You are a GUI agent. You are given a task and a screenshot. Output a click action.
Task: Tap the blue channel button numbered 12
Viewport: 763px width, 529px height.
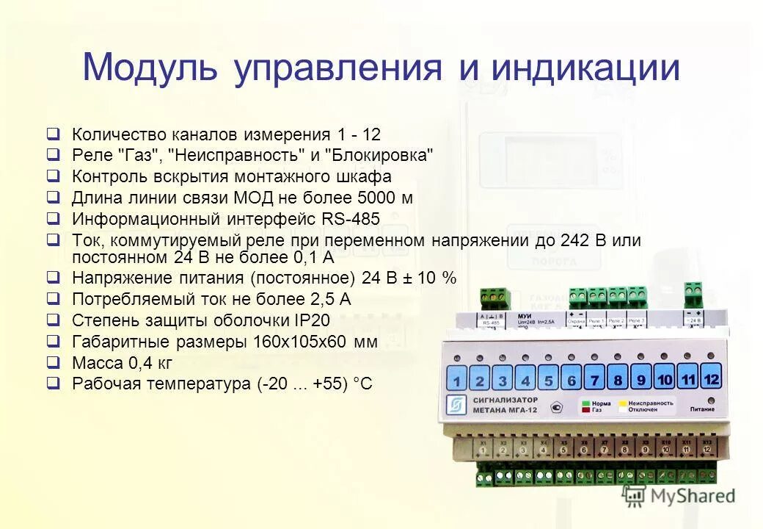[x=710, y=378]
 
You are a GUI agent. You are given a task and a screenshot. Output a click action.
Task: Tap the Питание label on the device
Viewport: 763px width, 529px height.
[x=702, y=410]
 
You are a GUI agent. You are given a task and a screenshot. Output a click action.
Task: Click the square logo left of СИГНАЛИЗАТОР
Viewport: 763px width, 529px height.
[x=456, y=406]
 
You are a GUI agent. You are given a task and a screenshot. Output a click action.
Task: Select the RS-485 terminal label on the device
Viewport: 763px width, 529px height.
[x=490, y=321]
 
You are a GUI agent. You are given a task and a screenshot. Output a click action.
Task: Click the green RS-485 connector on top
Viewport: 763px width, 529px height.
[x=495, y=298]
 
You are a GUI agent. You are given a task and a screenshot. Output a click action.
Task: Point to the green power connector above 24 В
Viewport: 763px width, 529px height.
[x=693, y=294]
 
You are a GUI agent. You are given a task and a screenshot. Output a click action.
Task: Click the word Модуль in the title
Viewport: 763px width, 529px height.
[x=150, y=68]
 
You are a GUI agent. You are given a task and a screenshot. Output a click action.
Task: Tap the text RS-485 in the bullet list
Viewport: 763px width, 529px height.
[x=350, y=219]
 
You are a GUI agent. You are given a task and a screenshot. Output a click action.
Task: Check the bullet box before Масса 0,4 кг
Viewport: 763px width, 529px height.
[x=53, y=362]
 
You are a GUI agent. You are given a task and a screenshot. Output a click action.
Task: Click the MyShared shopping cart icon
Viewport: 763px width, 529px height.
[x=634, y=496]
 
